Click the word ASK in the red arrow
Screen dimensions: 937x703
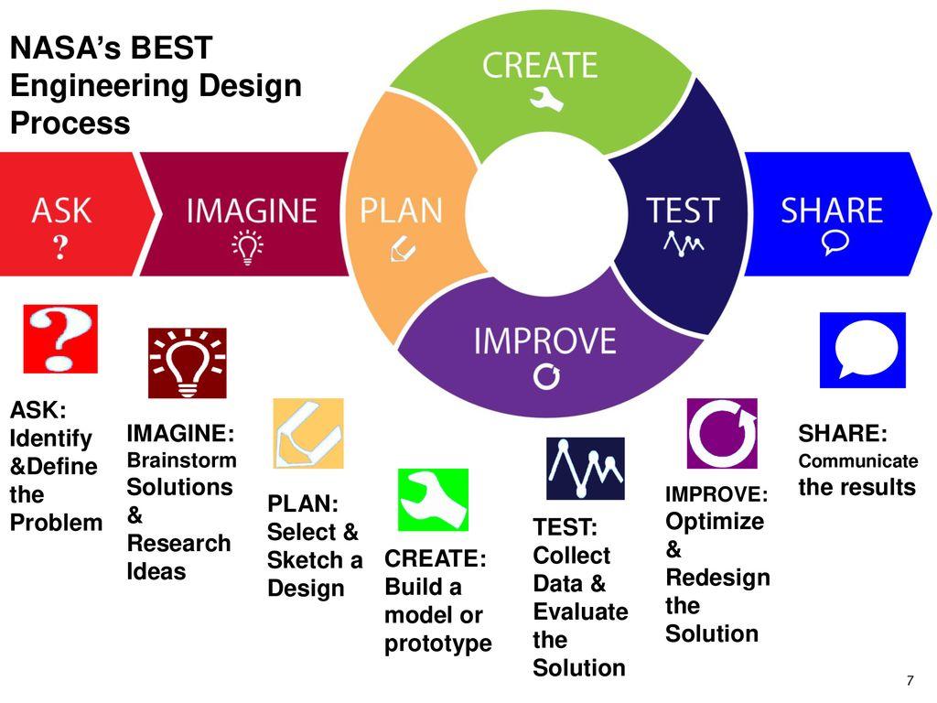pos(61,211)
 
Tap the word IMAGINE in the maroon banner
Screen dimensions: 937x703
pos(252,211)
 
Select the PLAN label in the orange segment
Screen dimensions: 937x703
pos(401,211)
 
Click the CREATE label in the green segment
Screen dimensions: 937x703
pos(540,65)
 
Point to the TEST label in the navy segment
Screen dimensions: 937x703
pos(683,211)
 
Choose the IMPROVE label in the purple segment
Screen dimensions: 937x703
pos(545,341)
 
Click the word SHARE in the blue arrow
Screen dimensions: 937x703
pos(832,211)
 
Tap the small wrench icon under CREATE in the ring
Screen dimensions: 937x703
pos(546,99)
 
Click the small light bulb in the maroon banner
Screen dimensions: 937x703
pos(247,247)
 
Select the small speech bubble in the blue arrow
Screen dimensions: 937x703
pos(835,242)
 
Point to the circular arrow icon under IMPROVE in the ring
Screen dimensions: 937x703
pos(546,376)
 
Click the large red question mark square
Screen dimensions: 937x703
pos(60,339)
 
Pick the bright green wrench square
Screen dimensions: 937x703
pos(433,500)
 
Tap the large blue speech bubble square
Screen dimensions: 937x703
pos(862,350)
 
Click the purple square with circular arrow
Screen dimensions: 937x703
pos(722,433)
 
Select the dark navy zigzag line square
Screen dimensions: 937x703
pos(585,468)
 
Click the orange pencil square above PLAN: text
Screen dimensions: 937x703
pos(308,433)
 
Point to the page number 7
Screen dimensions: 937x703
pos(910,680)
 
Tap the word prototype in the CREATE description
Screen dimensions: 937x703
pos(438,644)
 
